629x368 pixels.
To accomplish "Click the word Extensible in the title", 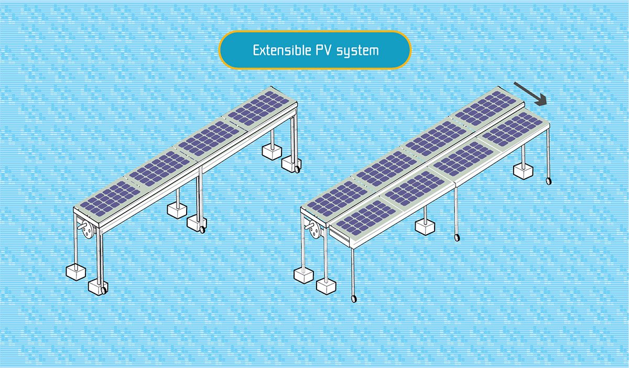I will (x=280, y=51).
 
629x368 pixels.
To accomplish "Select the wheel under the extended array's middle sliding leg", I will (x=458, y=237).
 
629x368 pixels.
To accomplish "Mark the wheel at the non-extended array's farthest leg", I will (x=297, y=169).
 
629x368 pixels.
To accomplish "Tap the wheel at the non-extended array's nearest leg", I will (x=104, y=289).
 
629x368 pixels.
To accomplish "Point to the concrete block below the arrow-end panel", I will (x=523, y=171).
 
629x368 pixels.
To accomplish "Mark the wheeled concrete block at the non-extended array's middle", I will (x=196, y=222).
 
